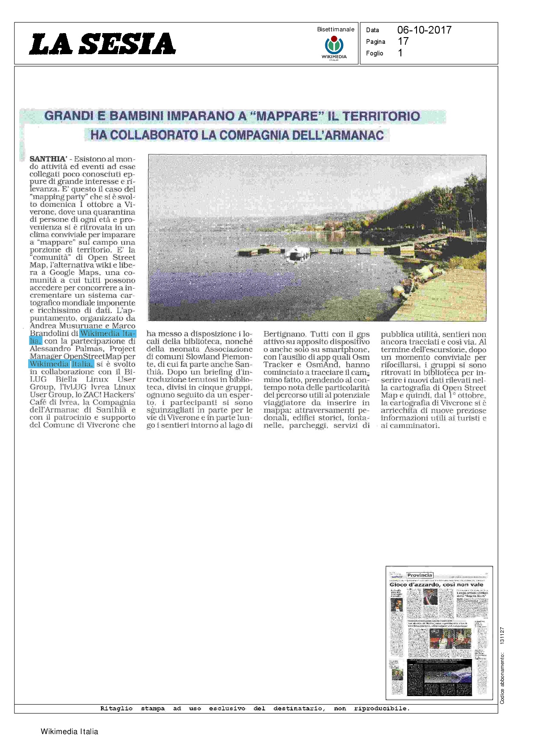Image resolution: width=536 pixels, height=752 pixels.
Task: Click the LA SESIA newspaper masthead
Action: [102, 44]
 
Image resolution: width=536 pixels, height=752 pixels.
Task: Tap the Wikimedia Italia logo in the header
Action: [334, 47]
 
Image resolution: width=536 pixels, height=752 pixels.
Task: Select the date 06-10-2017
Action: [424, 30]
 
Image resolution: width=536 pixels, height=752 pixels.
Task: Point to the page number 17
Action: [403, 41]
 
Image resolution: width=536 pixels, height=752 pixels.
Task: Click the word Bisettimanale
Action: [336, 30]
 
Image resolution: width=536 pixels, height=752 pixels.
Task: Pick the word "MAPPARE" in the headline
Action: [285, 116]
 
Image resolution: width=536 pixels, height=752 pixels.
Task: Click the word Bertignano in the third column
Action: [285, 334]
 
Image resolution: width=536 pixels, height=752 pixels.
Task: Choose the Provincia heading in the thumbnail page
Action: [419, 575]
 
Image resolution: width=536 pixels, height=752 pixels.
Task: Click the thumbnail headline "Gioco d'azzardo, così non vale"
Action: [436, 585]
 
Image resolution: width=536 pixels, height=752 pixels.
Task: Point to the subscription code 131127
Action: [502, 636]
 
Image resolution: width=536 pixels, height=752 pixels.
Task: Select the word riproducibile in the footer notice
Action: [381, 709]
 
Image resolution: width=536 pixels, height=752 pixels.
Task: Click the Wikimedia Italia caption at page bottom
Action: [69, 732]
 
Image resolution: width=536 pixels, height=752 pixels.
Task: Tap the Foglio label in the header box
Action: [374, 53]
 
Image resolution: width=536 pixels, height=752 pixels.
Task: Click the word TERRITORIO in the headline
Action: [381, 116]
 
